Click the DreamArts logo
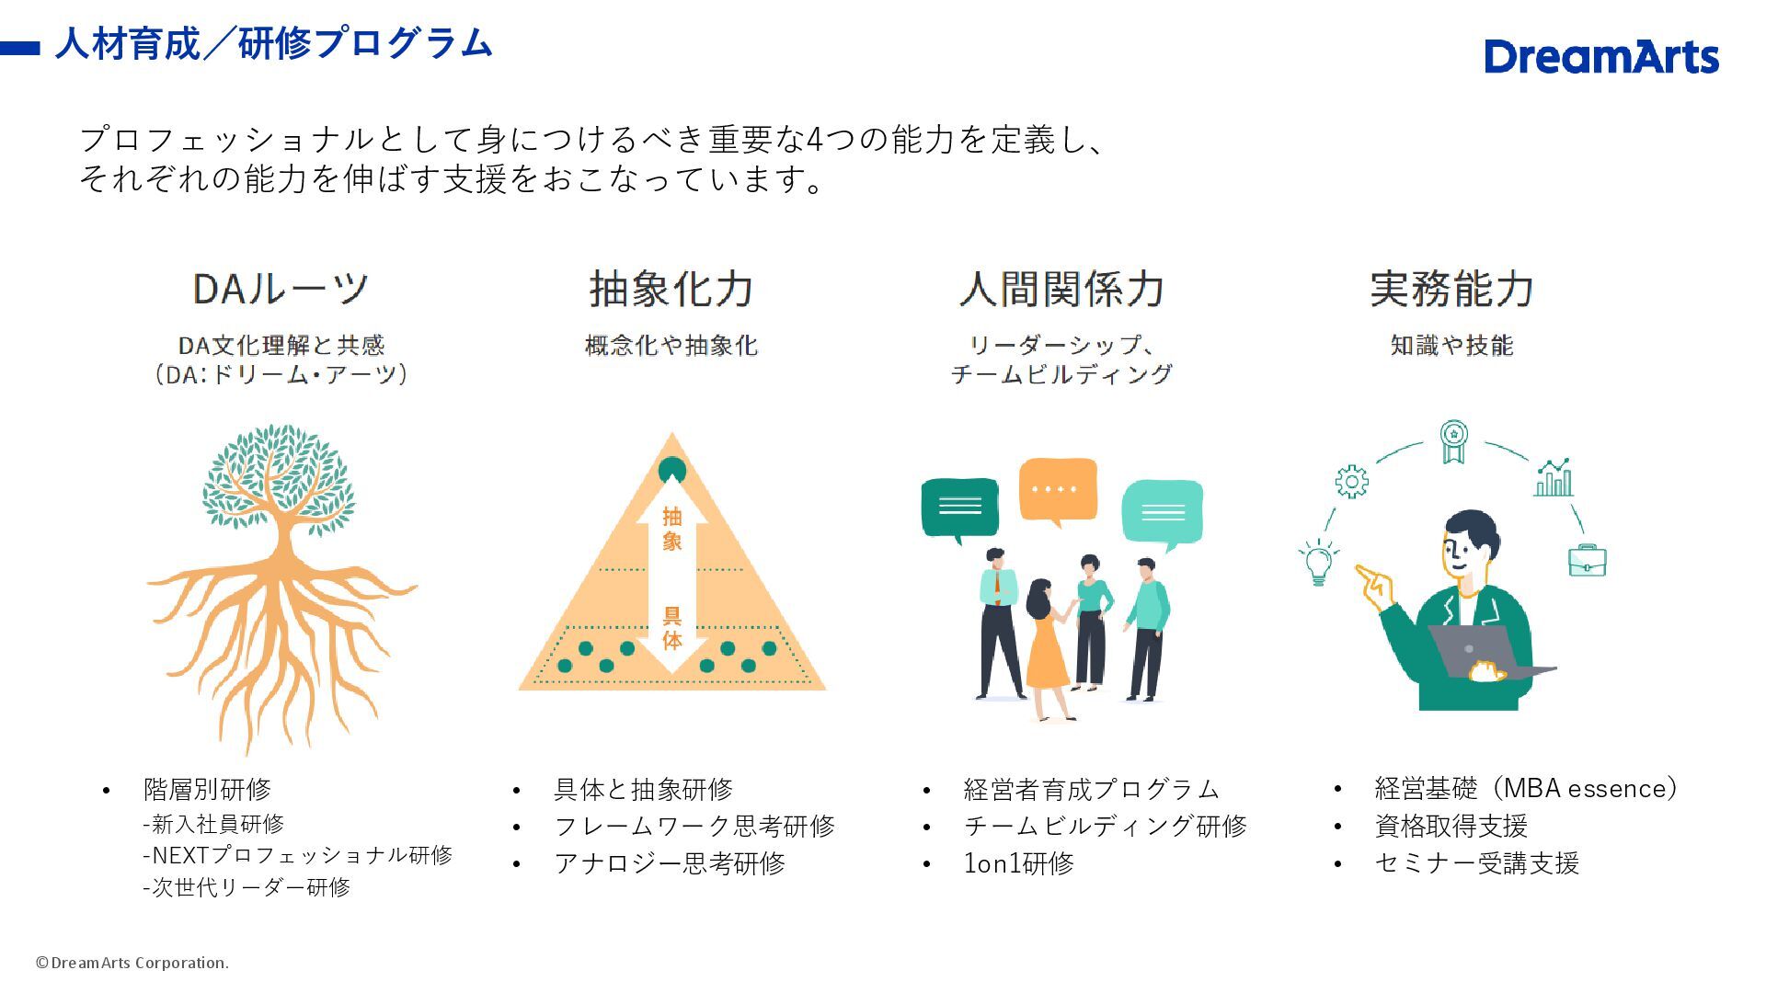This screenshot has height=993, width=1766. pyautogui.click(x=1600, y=57)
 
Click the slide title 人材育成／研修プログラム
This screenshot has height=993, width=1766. pyautogui.click(x=273, y=43)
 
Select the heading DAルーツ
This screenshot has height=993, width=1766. pyautogui.click(x=281, y=289)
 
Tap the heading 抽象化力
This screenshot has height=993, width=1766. pyautogui.click(x=671, y=289)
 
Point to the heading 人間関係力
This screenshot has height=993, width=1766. pyautogui.click(x=1061, y=289)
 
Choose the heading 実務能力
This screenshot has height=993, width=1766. pyautogui.click(x=1451, y=289)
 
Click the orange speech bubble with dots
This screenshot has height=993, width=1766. pyautogui.click(x=1058, y=489)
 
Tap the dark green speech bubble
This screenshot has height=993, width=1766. pyautogui.click(x=959, y=507)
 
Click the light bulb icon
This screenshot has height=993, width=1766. pyautogui.click(x=1318, y=562)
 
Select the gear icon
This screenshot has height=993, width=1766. pyautogui.click(x=1351, y=481)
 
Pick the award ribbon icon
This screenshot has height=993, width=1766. pyautogui.click(x=1453, y=440)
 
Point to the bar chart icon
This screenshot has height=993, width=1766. pyautogui.click(x=1554, y=478)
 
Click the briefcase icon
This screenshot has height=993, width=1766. pyautogui.click(x=1587, y=560)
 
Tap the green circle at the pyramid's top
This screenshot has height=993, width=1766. pyautogui.click(x=672, y=470)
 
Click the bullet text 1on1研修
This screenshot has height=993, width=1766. pyautogui.click(x=1018, y=863)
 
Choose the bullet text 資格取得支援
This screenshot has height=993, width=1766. pyautogui.click(x=1451, y=826)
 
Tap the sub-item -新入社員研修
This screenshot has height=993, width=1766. pyautogui.click(x=213, y=824)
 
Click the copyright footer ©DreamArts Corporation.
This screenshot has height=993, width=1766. pyautogui.click(x=132, y=963)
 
